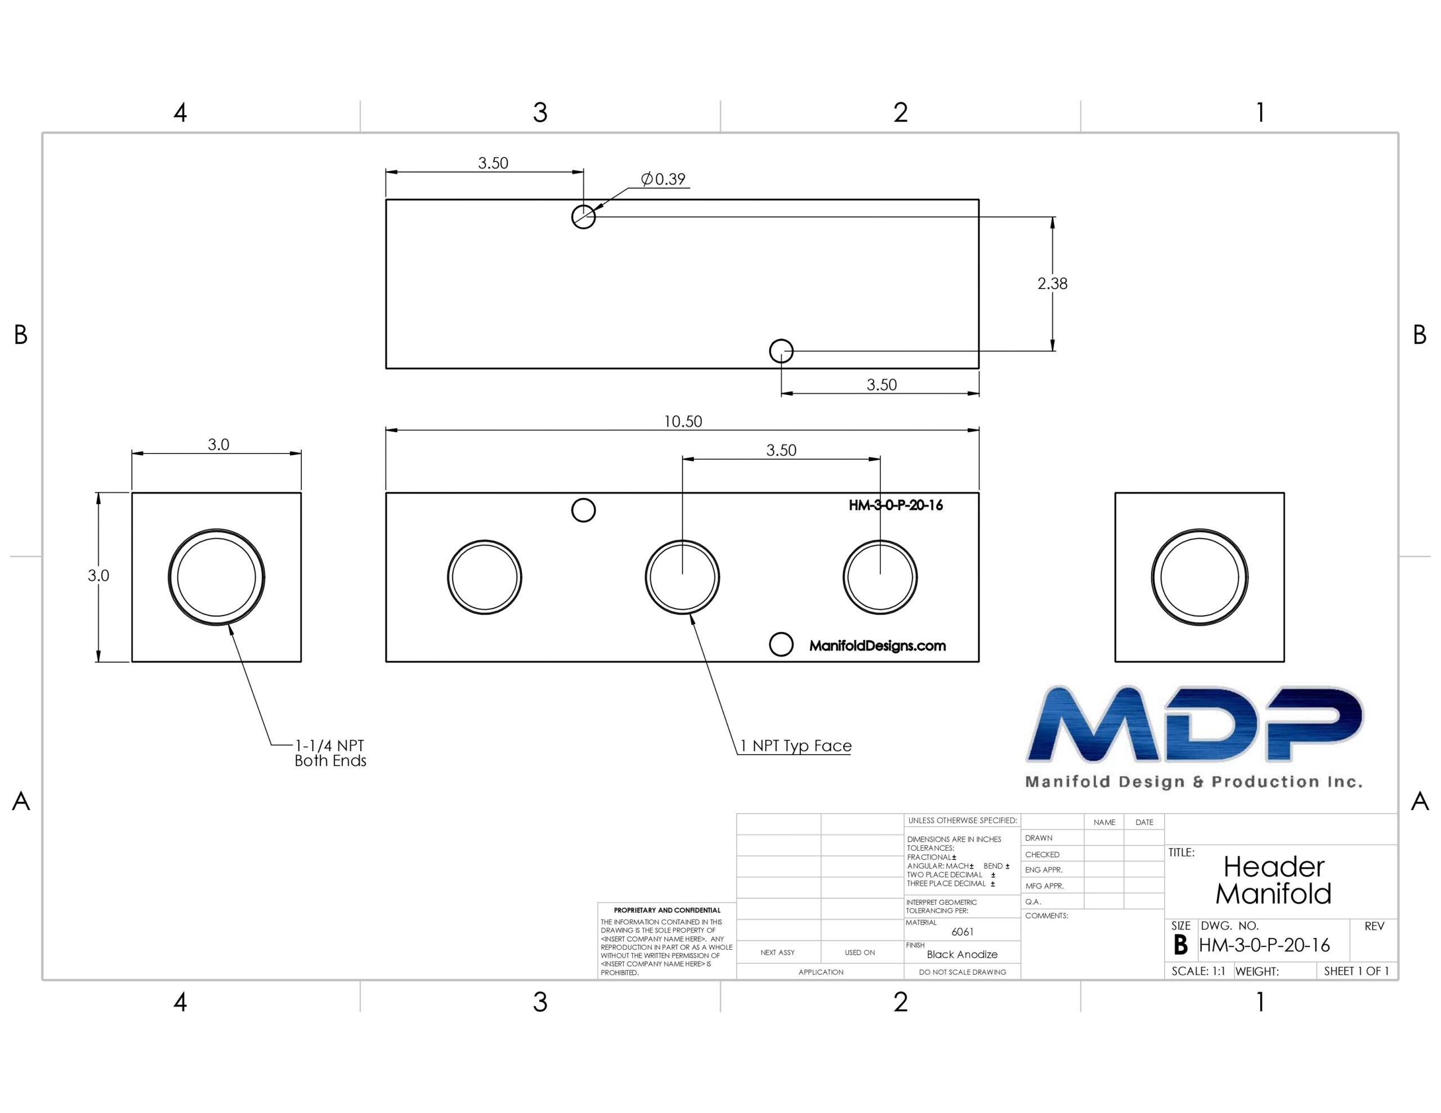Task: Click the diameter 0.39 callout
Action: coord(663,179)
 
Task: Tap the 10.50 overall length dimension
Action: coord(683,421)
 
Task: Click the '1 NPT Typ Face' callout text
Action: coord(796,746)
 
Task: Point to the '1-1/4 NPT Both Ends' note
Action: coord(330,753)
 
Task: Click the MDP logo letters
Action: coord(1194,724)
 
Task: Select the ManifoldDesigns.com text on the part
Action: coord(878,645)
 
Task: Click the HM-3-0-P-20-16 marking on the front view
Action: coord(896,505)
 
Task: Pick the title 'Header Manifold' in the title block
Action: coord(1273,880)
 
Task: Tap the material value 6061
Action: coord(962,932)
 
